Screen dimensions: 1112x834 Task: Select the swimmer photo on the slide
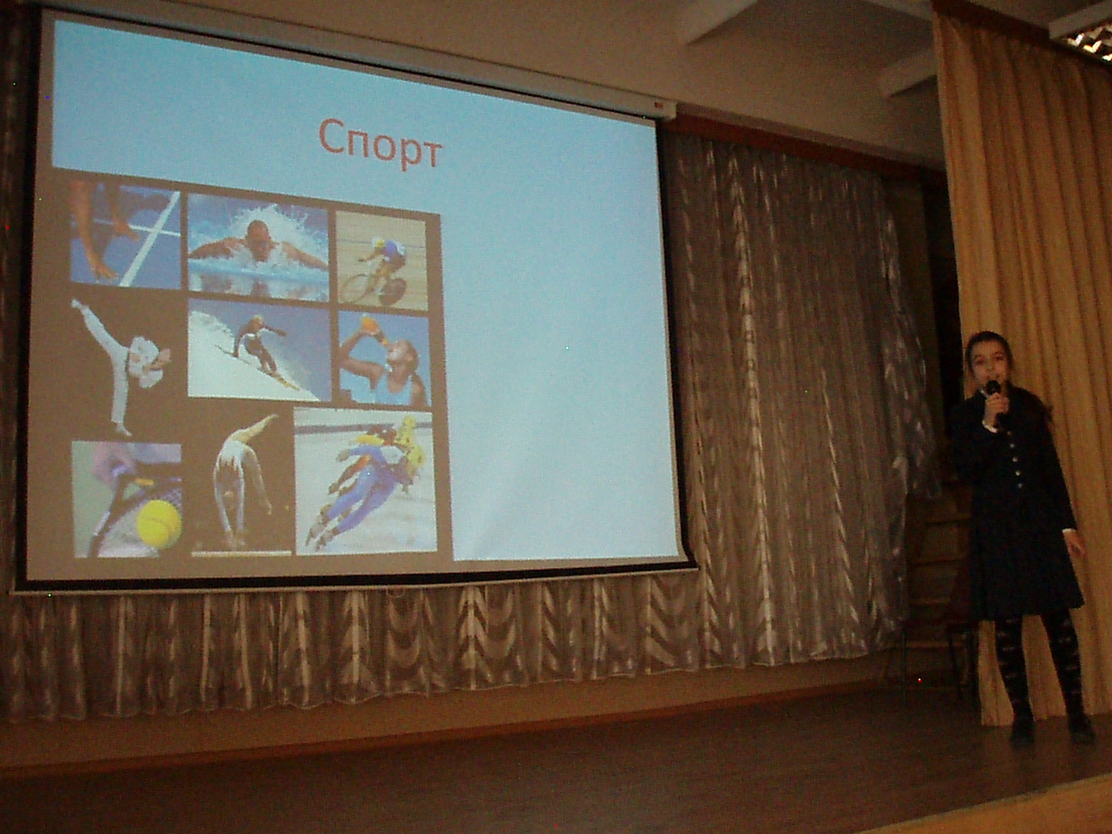[x=258, y=248]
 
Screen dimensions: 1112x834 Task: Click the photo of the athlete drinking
[x=384, y=359]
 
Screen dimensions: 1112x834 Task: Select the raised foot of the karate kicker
[x=77, y=305]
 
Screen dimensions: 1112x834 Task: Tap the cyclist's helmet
[x=378, y=244]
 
